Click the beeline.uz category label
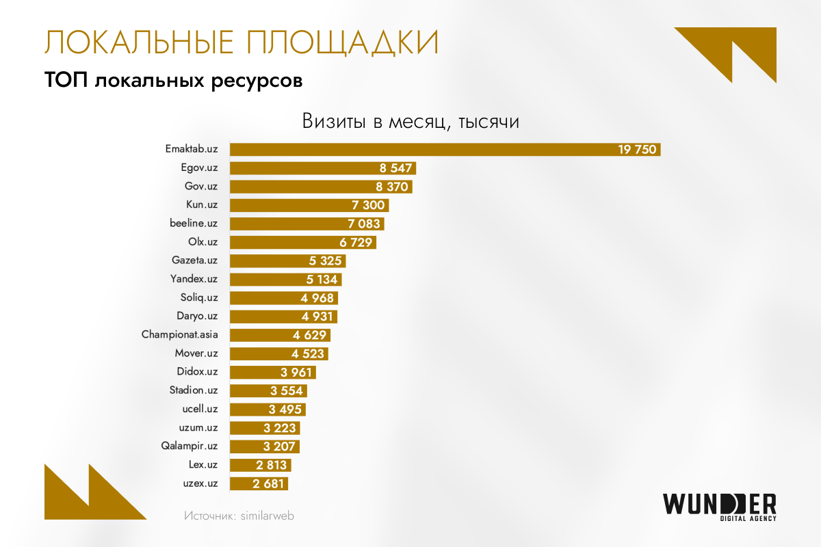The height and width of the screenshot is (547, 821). coord(194,224)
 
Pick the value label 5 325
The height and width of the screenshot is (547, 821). coord(325,261)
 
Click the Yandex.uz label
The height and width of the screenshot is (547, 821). coord(194,279)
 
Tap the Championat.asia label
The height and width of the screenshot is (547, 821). coord(180,335)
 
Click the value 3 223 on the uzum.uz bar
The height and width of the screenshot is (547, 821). coord(279,428)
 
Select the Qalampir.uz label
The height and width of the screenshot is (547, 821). coord(189,446)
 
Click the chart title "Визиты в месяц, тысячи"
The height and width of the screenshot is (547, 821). coord(410,122)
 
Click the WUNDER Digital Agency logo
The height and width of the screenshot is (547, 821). coord(719,507)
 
